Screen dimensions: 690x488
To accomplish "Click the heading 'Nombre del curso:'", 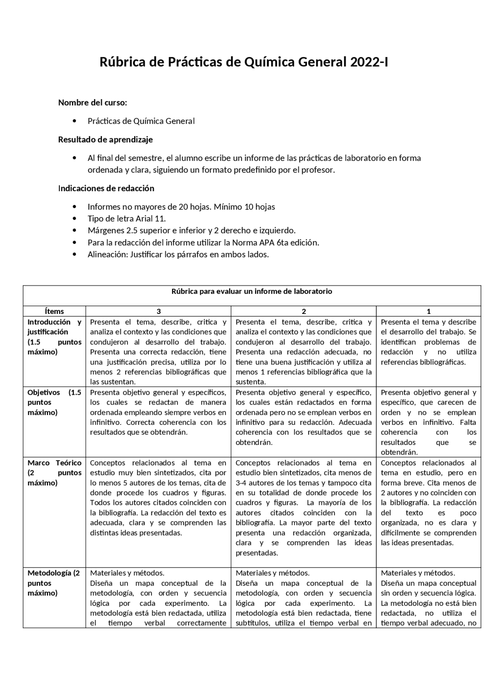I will [x=92, y=102].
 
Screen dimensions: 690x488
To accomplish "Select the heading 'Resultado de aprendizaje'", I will [x=105, y=139].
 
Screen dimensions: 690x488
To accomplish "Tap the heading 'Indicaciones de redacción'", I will [x=106, y=188].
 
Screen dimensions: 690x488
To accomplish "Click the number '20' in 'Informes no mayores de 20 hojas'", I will [x=183, y=207].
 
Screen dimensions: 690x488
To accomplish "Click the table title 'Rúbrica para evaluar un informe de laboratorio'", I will [x=252, y=291].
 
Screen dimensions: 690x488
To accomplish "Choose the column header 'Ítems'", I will [x=54, y=311].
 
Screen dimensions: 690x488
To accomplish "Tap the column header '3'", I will [x=159, y=311].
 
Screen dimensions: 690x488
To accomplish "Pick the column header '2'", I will [x=303, y=311].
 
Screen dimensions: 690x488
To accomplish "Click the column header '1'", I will [x=429, y=311].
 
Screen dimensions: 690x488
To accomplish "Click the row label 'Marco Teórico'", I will [x=54, y=463].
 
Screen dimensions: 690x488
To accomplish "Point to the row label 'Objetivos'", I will [x=43, y=392].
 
